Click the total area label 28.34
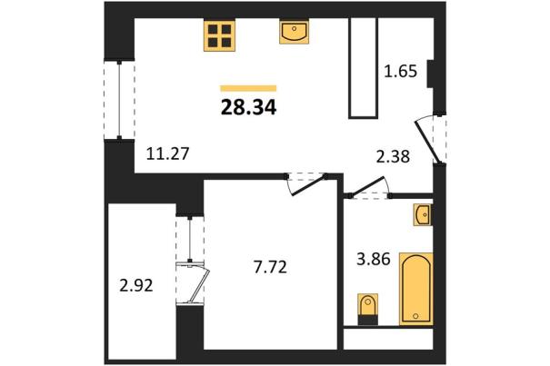point(249,107)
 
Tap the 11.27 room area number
point(167,153)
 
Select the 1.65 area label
point(401,72)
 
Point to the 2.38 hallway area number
point(393,157)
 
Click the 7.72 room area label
point(270,268)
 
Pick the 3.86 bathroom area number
point(374,260)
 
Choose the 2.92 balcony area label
point(136,286)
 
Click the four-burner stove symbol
point(220,36)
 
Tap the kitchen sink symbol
point(294,32)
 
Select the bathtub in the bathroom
point(416,289)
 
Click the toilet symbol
point(367,309)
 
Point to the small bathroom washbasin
point(423,214)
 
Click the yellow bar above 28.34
point(248,88)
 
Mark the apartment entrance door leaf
point(427,143)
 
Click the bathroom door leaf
point(369,186)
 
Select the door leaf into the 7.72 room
point(310,186)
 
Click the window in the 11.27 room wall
point(119,100)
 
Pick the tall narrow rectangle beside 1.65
point(363,68)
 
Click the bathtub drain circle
point(415,316)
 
